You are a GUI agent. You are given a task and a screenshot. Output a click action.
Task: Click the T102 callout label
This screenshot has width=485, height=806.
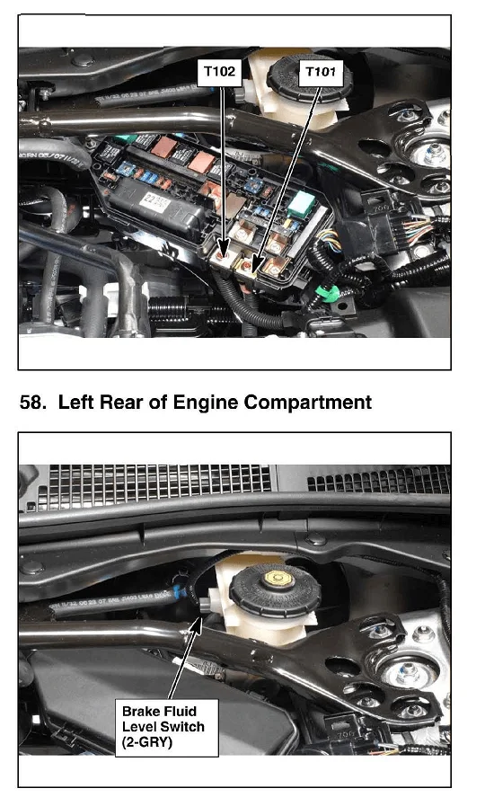(219, 72)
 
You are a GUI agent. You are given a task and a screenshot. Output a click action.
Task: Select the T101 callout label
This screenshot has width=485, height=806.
(322, 72)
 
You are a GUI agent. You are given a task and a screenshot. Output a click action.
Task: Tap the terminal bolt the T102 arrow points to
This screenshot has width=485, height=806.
(222, 254)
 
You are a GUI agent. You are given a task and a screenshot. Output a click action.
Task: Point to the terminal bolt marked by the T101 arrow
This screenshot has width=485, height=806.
(247, 266)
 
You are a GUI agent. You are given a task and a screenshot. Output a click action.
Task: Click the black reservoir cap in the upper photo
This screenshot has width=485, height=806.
(310, 79)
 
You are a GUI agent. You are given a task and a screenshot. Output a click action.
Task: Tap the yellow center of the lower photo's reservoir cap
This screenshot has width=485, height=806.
(279, 579)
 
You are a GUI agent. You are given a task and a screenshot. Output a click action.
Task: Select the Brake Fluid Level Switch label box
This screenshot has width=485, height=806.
(166, 727)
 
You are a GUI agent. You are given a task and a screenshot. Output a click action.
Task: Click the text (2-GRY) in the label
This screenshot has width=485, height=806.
(147, 742)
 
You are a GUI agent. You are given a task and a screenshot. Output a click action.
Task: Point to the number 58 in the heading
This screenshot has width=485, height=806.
(31, 402)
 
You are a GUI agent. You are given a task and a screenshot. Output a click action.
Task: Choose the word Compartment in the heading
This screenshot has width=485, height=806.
(308, 402)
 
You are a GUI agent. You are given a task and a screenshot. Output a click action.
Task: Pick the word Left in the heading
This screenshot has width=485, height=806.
(76, 402)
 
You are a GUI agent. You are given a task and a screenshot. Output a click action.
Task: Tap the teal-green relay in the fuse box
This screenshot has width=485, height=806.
(302, 205)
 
